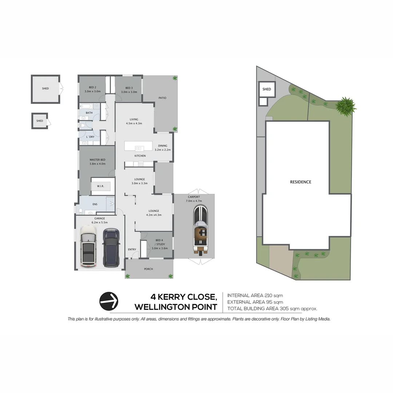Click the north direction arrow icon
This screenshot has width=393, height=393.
[x=109, y=301]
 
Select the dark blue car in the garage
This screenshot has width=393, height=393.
[x=111, y=247]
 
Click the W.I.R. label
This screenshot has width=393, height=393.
[x=100, y=186]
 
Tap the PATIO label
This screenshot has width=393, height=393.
[x=162, y=98]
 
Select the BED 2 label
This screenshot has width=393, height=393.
[x=92, y=88]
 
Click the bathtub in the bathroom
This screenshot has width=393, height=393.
[x=87, y=107]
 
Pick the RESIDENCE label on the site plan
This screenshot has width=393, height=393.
[x=301, y=182]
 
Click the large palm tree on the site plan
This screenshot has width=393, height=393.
[x=346, y=106]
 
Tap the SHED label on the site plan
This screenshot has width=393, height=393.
[x=267, y=89]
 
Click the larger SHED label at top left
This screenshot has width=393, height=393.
[x=45, y=88]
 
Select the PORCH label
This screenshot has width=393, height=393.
[x=148, y=269]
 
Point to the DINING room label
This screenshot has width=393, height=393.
[x=163, y=146]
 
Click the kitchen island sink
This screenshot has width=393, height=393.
[x=138, y=148]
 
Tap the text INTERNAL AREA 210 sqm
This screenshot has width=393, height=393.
[x=255, y=295]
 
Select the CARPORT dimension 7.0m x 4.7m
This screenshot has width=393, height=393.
[x=194, y=201]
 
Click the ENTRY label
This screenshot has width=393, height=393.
[x=132, y=249]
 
